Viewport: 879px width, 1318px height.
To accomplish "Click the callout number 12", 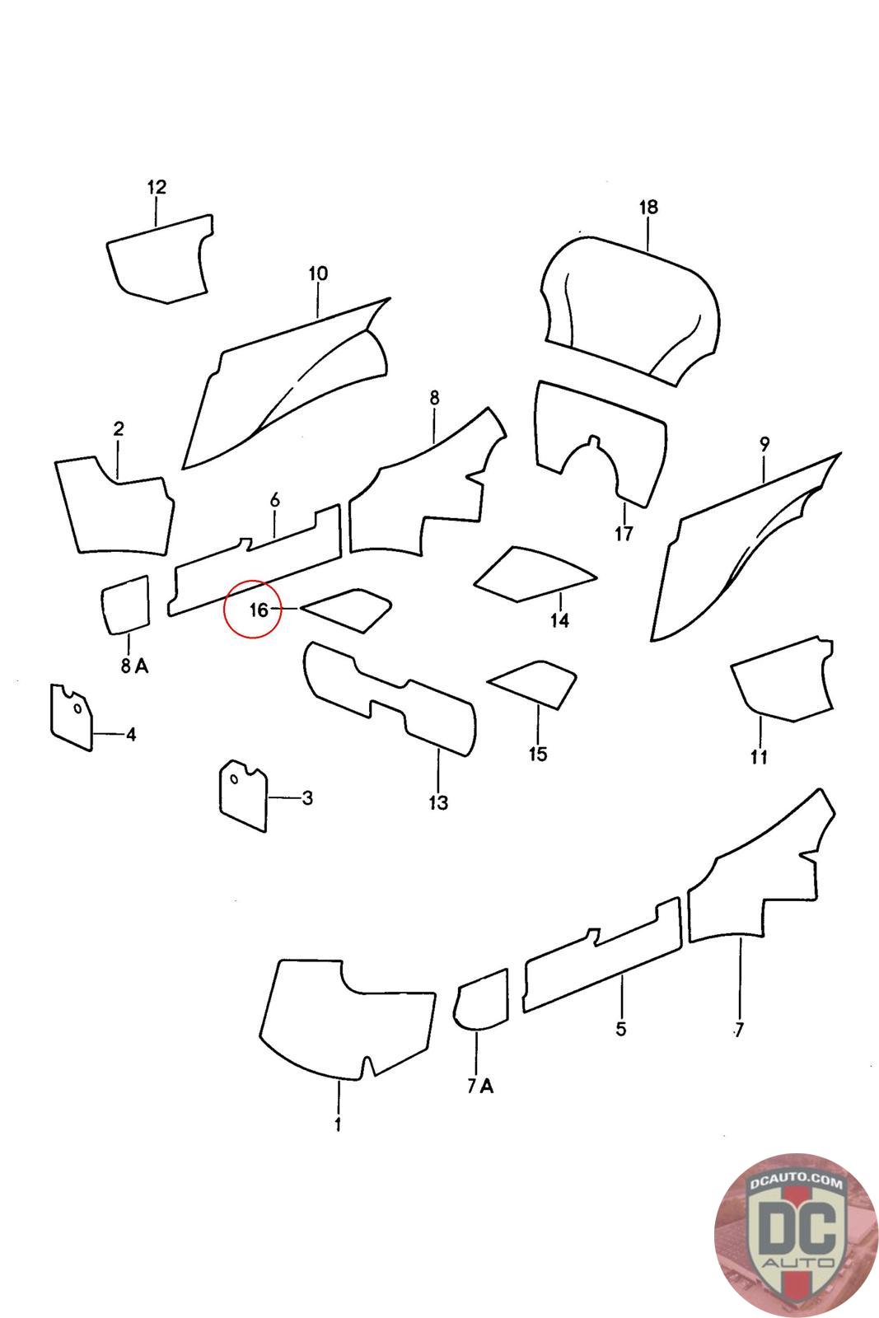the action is click(157, 187).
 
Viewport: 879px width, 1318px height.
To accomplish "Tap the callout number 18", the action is click(648, 207).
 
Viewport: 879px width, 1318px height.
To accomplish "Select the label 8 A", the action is click(135, 666).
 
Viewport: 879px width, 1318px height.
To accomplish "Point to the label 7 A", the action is click(480, 1087).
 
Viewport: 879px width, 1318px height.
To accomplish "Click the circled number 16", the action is click(259, 610).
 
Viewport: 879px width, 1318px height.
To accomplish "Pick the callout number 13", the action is click(438, 802).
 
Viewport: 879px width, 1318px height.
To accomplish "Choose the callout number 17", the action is click(624, 534).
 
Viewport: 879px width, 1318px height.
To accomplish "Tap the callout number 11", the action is click(759, 757).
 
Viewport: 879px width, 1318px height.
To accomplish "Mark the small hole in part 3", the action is click(234, 779).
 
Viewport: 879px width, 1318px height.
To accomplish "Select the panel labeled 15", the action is click(533, 684).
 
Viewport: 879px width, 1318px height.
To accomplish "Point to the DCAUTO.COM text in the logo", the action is click(796, 1181).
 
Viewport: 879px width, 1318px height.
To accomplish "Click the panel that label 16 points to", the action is click(347, 610).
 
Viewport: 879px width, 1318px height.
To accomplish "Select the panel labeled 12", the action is click(160, 259).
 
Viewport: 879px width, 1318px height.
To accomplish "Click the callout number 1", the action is click(338, 1124).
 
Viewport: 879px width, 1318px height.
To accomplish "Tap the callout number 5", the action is click(620, 1029).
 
